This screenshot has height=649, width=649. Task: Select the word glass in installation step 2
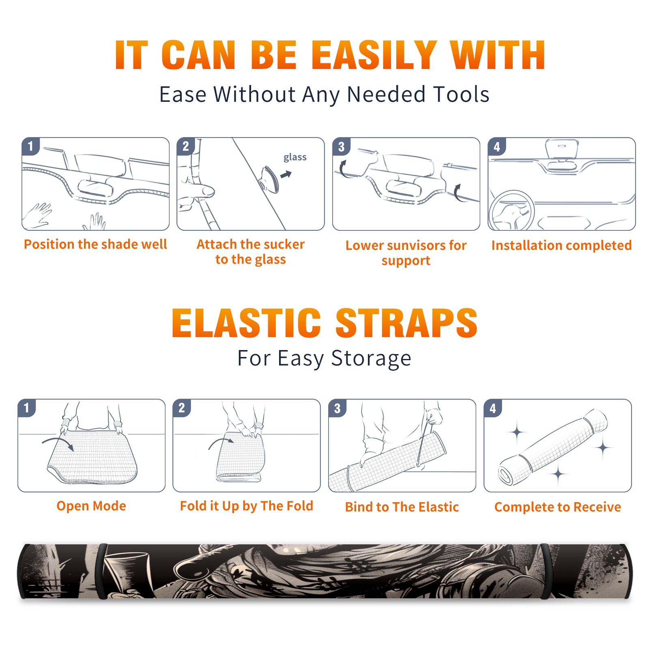(x=295, y=157)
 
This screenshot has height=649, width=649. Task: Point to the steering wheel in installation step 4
(x=511, y=210)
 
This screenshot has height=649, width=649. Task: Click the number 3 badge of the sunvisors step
(x=341, y=146)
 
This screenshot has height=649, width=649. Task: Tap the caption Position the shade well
(x=95, y=244)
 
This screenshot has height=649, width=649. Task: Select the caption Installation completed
(x=561, y=245)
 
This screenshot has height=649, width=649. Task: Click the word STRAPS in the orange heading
(x=406, y=323)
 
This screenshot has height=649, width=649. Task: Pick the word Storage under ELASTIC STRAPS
(x=371, y=359)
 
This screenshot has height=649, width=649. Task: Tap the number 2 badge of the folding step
(x=182, y=408)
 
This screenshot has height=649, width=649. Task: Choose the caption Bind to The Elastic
(x=402, y=507)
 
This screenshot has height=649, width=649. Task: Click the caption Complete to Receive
(x=557, y=507)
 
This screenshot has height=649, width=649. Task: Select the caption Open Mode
(x=91, y=506)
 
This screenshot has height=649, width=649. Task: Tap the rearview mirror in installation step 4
(x=561, y=149)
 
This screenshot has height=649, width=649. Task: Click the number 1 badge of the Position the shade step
(x=30, y=146)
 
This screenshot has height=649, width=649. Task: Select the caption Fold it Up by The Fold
(x=247, y=506)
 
